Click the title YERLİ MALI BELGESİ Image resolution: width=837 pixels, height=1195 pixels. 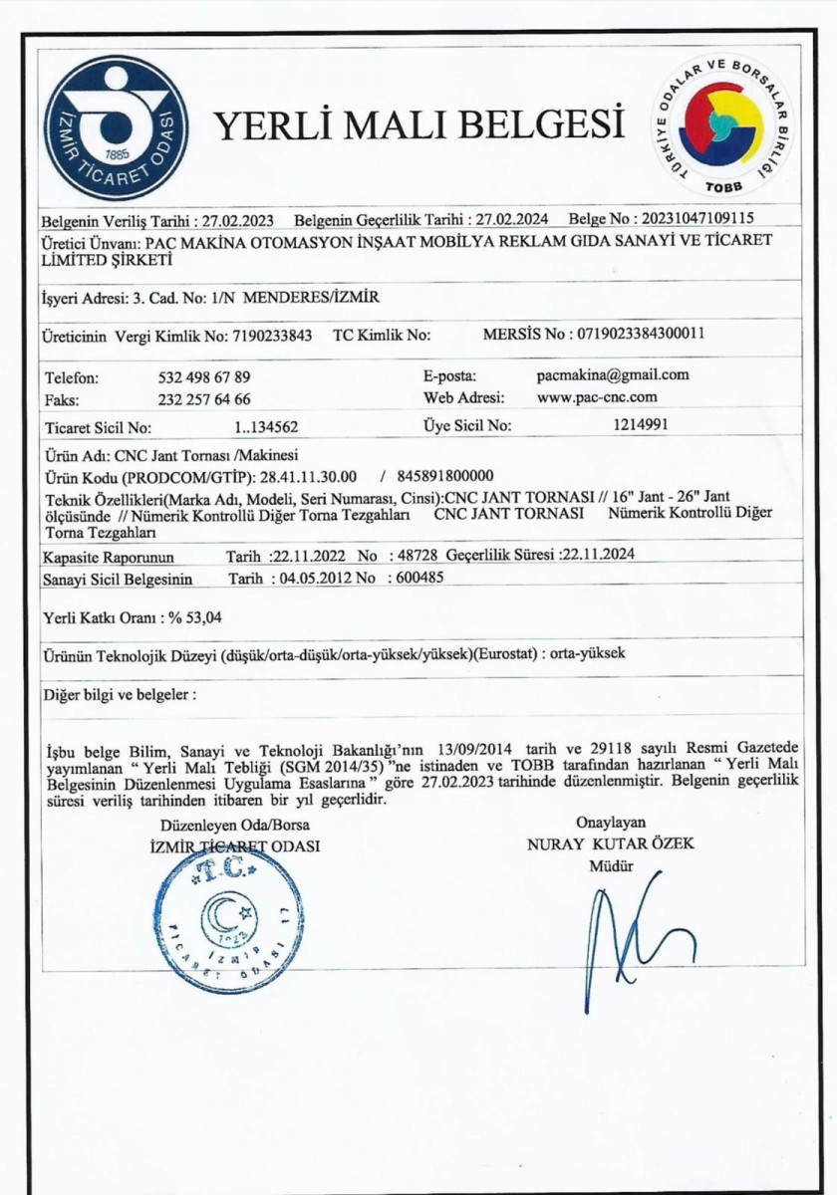click(419, 125)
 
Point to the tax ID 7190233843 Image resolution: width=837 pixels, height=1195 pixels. click(272, 336)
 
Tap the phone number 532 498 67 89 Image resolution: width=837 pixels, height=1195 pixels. click(204, 377)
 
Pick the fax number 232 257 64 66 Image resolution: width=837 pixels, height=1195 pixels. click(204, 399)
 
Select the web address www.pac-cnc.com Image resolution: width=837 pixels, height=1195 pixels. click(597, 397)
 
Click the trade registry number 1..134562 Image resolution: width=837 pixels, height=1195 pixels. click(266, 428)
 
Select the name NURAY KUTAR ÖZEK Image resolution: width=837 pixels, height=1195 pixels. click(611, 843)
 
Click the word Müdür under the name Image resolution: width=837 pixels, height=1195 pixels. click(611, 865)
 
